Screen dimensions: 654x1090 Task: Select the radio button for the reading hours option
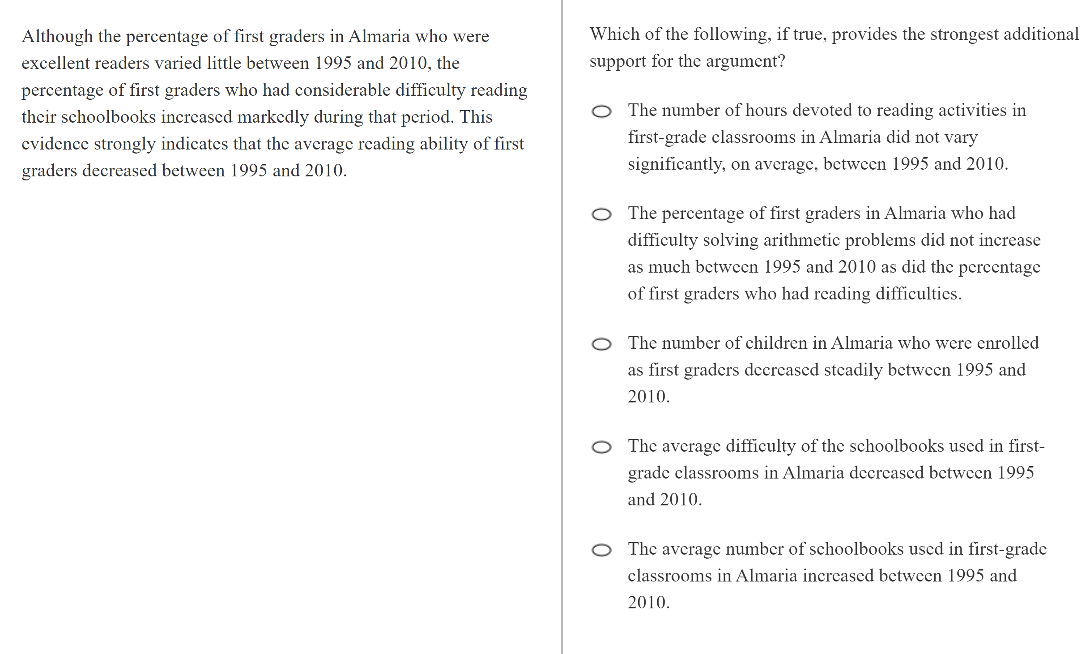point(601,111)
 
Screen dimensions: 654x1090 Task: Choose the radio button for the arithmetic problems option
point(601,214)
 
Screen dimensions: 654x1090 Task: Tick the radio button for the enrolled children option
point(601,344)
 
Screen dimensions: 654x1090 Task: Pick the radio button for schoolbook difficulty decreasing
point(601,447)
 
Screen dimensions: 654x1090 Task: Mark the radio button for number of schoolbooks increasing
point(601,550)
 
